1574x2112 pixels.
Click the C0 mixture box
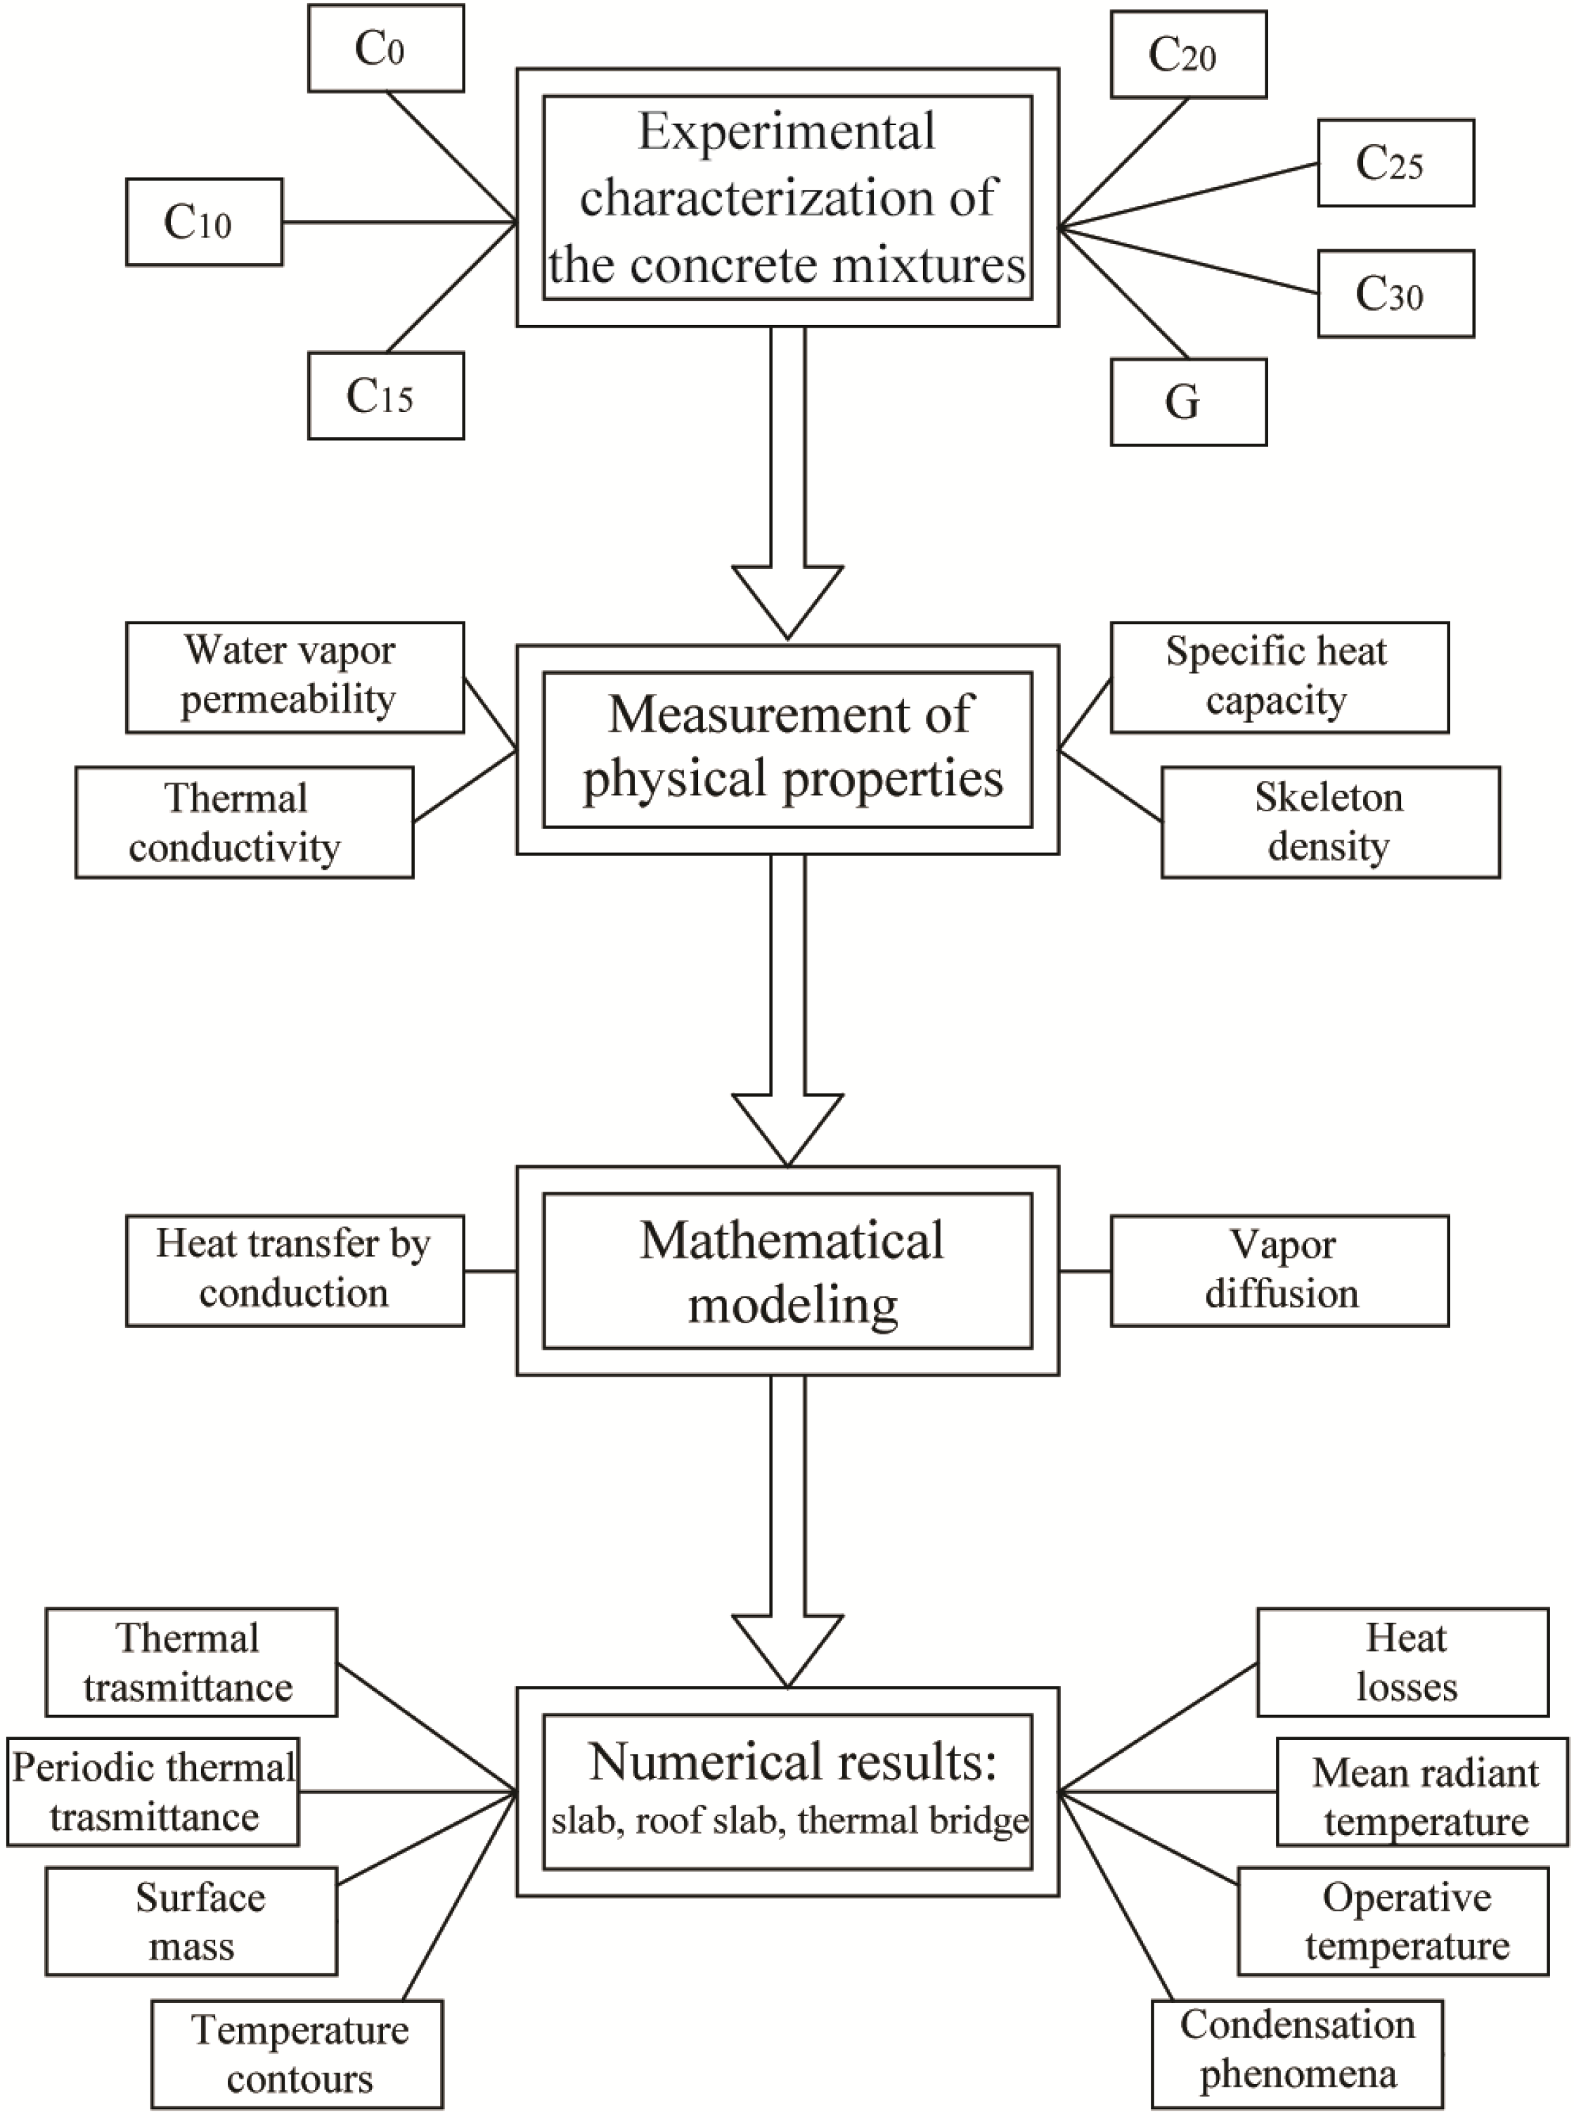[386, 49]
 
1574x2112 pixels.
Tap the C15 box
[386, 395]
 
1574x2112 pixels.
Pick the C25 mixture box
[1396, 163]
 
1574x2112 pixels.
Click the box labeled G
[1188, 402]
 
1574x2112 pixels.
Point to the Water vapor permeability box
[295, 677]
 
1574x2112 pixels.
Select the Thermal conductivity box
[244, 822]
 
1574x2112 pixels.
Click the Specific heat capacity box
[1279, 677]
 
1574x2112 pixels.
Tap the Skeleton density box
[1330, 822]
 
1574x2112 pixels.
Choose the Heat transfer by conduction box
[295, 1270]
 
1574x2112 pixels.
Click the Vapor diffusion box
[1279, 1270]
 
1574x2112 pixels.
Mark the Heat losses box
[1402, 1662]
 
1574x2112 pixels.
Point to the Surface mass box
[191, 1921]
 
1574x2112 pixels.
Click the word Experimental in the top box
[787, 131]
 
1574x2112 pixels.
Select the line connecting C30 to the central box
[1191, 259]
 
